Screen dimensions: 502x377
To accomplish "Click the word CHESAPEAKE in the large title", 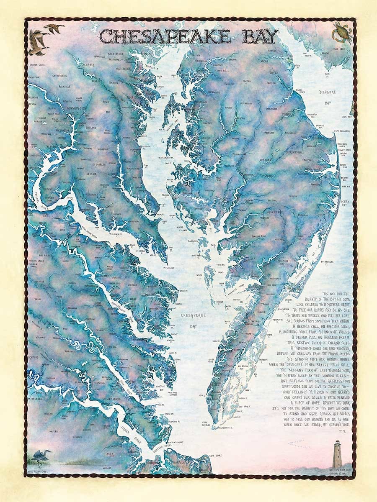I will click(x=165, y=37).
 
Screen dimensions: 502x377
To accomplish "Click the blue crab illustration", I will click(x=342, y=31).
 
